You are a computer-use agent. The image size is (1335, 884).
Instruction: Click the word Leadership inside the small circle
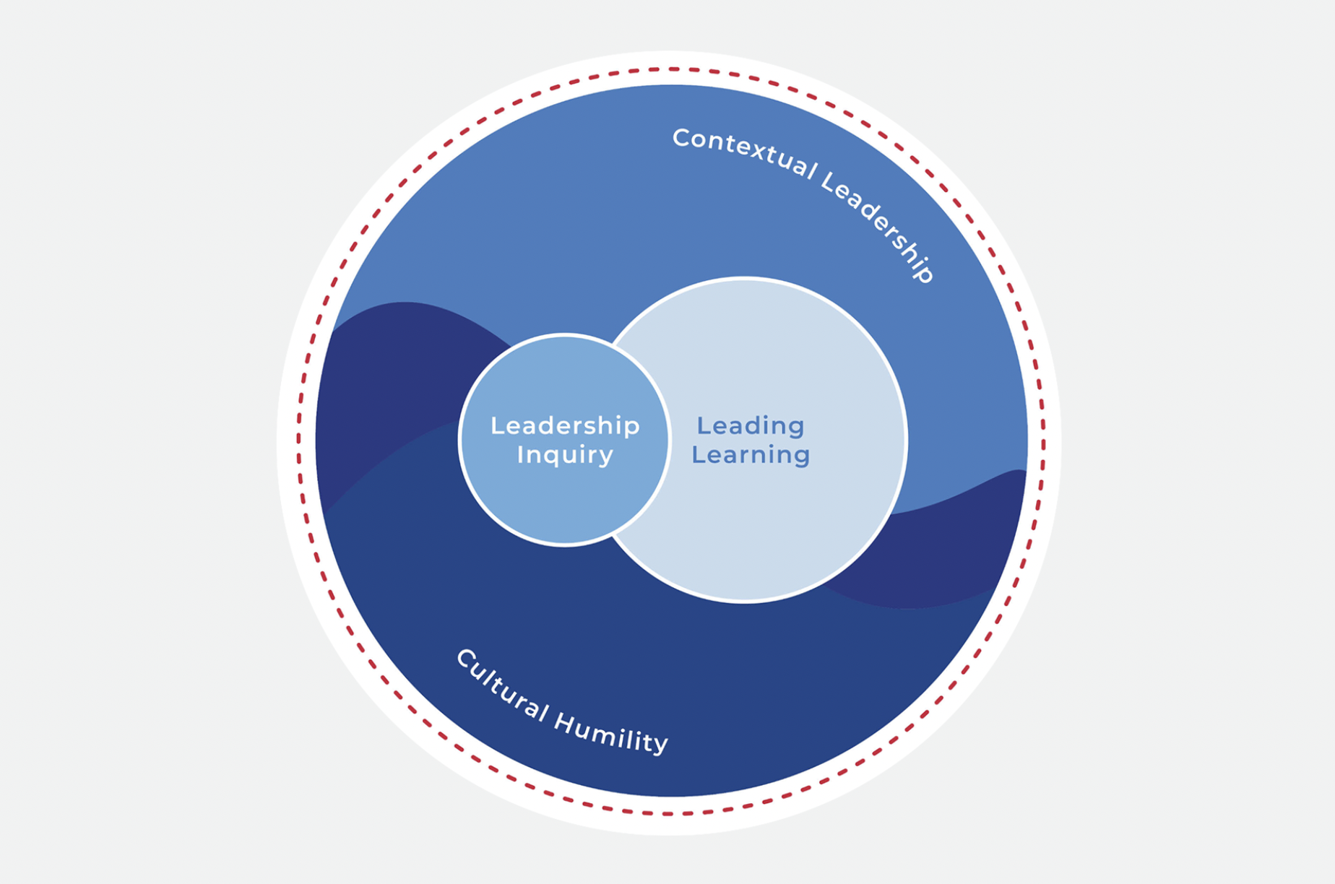point(565,425)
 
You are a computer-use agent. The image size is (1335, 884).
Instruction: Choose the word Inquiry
point(565,455)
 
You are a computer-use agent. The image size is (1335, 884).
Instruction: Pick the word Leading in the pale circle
point(750,425)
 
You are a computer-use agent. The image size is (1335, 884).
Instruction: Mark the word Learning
point(750,455)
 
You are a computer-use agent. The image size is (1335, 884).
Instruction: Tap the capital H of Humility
point(564,719)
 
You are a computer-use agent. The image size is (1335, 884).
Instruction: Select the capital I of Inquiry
point(520,455)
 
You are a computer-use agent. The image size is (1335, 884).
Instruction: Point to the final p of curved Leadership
point(925,273)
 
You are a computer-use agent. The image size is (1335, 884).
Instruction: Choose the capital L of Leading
point(701,425)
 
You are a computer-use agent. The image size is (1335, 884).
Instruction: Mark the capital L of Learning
point(697,455)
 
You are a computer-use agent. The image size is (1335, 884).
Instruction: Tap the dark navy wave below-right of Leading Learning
point(939,556)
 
